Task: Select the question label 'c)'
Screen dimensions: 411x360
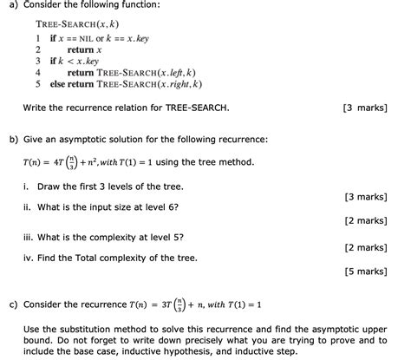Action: click(x=13, y=304)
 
